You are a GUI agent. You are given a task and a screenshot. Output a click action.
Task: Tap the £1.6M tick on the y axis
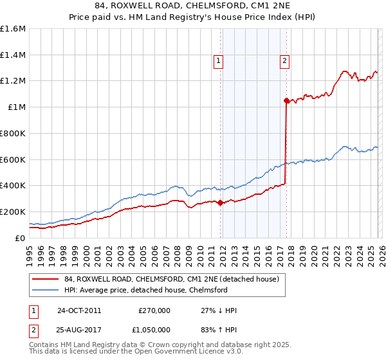pyautogui.click(x=13, y=29)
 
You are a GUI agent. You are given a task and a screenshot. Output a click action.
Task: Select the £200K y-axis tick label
pyautogui.click(x=13, y=212)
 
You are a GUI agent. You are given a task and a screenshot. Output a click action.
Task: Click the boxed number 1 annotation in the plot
pyautogui.click(x=219, y=61)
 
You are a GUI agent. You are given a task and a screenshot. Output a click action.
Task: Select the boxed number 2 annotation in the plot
pyautogui.click(x=284, y=61)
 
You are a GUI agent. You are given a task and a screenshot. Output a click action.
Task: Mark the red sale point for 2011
pyautogui.click(x=221, y=203)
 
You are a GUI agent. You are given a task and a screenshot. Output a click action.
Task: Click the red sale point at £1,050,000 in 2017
pyautogui.click(x=286, y=100)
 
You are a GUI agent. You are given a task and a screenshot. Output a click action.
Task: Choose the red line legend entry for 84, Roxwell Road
pyautogui.click(x=171, y=279)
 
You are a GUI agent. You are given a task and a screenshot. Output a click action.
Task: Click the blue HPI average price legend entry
pyautogui.click(x=145, y=290)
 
